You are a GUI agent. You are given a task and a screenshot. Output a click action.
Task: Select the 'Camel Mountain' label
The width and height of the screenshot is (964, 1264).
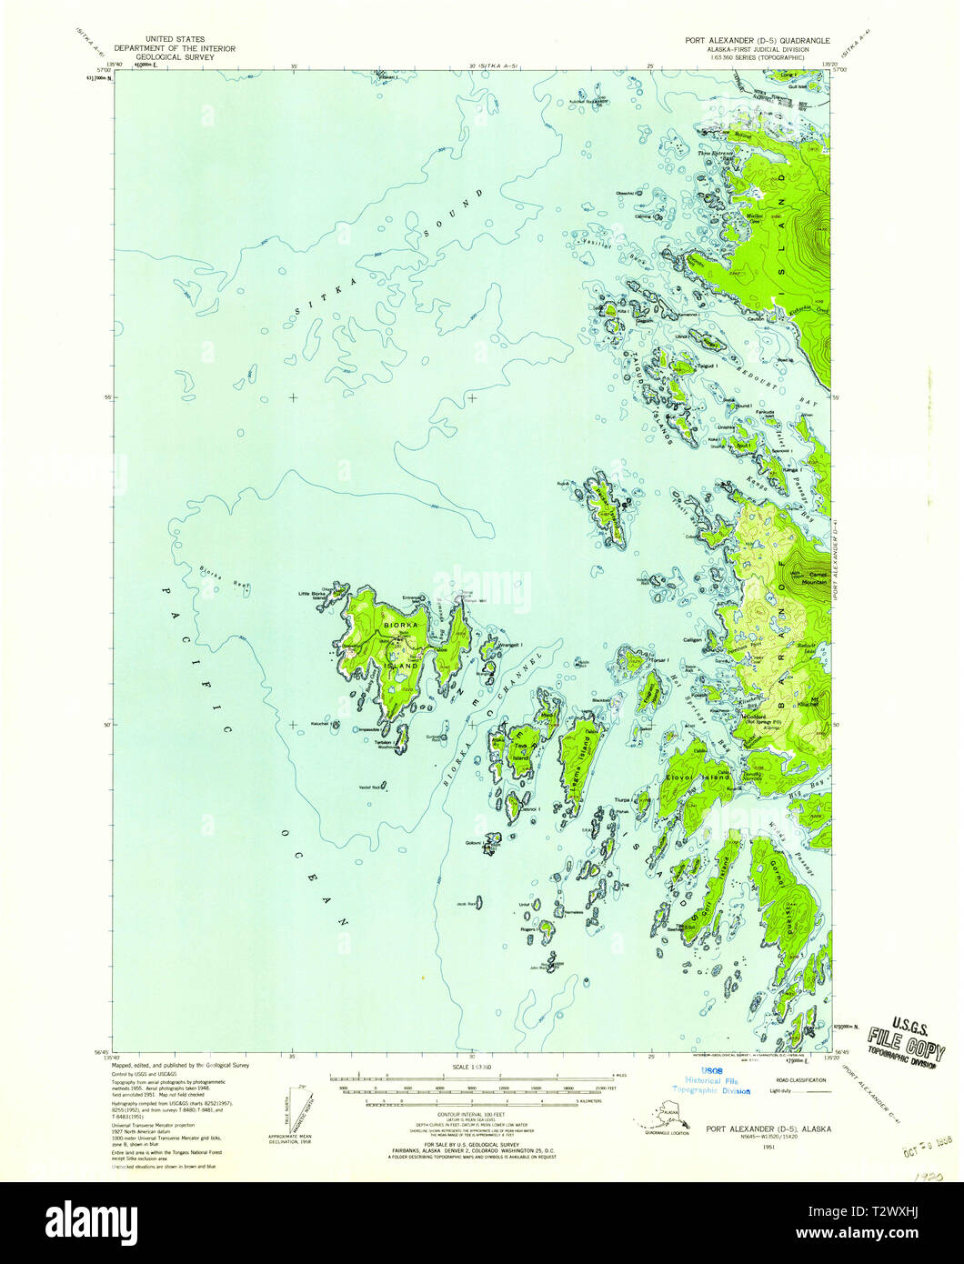(x=815, y=577)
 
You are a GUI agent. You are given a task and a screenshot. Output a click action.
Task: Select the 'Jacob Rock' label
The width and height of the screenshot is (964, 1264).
(x=467, y=904)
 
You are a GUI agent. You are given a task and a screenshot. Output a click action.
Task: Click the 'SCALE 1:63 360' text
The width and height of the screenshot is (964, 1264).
(x=472, y=1062)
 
